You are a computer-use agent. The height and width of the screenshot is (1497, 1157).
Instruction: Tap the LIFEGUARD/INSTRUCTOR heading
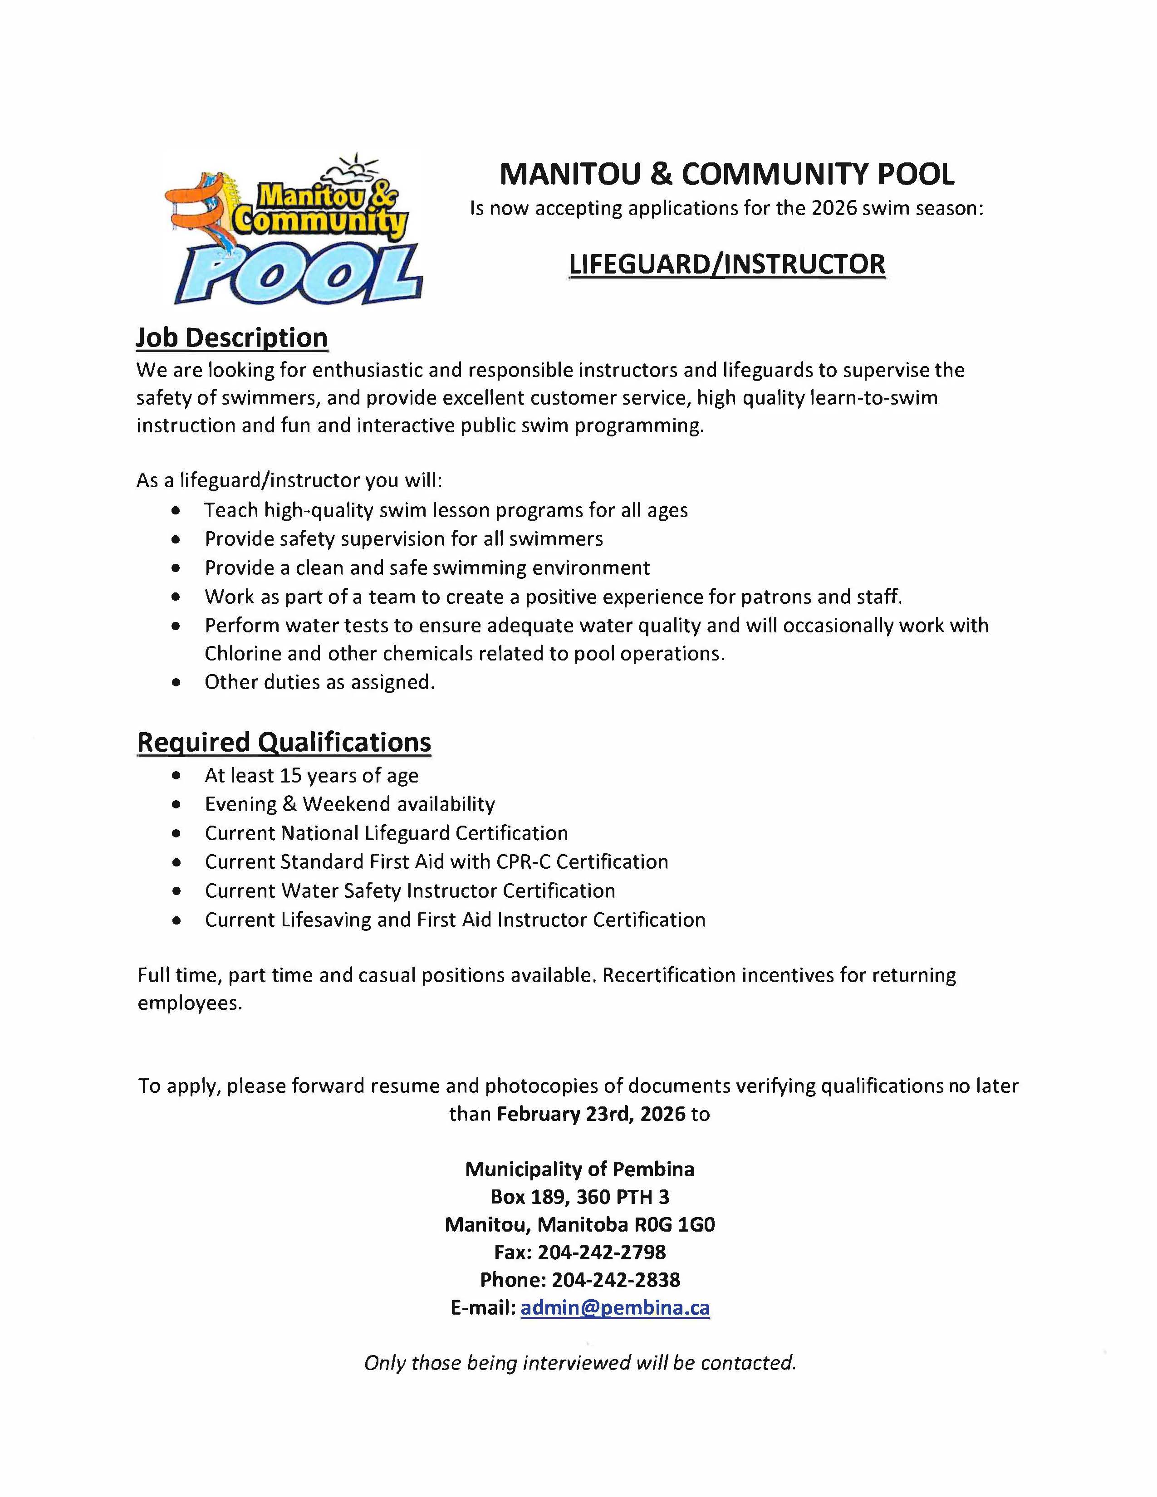[x=726, y=264]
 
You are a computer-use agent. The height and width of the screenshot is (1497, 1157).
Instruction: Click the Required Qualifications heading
[x=284, y=742]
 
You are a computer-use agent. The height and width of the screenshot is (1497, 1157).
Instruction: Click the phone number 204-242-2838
[x=616, y=1279]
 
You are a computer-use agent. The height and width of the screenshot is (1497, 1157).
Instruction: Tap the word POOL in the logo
[x=299, y=274]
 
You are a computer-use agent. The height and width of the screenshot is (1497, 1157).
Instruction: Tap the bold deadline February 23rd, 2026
[x=591, y=1113]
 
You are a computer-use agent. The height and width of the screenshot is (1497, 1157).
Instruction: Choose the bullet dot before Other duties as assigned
[x=177, y=683]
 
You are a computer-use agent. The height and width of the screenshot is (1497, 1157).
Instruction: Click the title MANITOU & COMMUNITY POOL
[x=726, y=174]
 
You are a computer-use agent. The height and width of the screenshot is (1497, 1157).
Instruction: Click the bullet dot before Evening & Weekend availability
[x=177, y=805]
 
